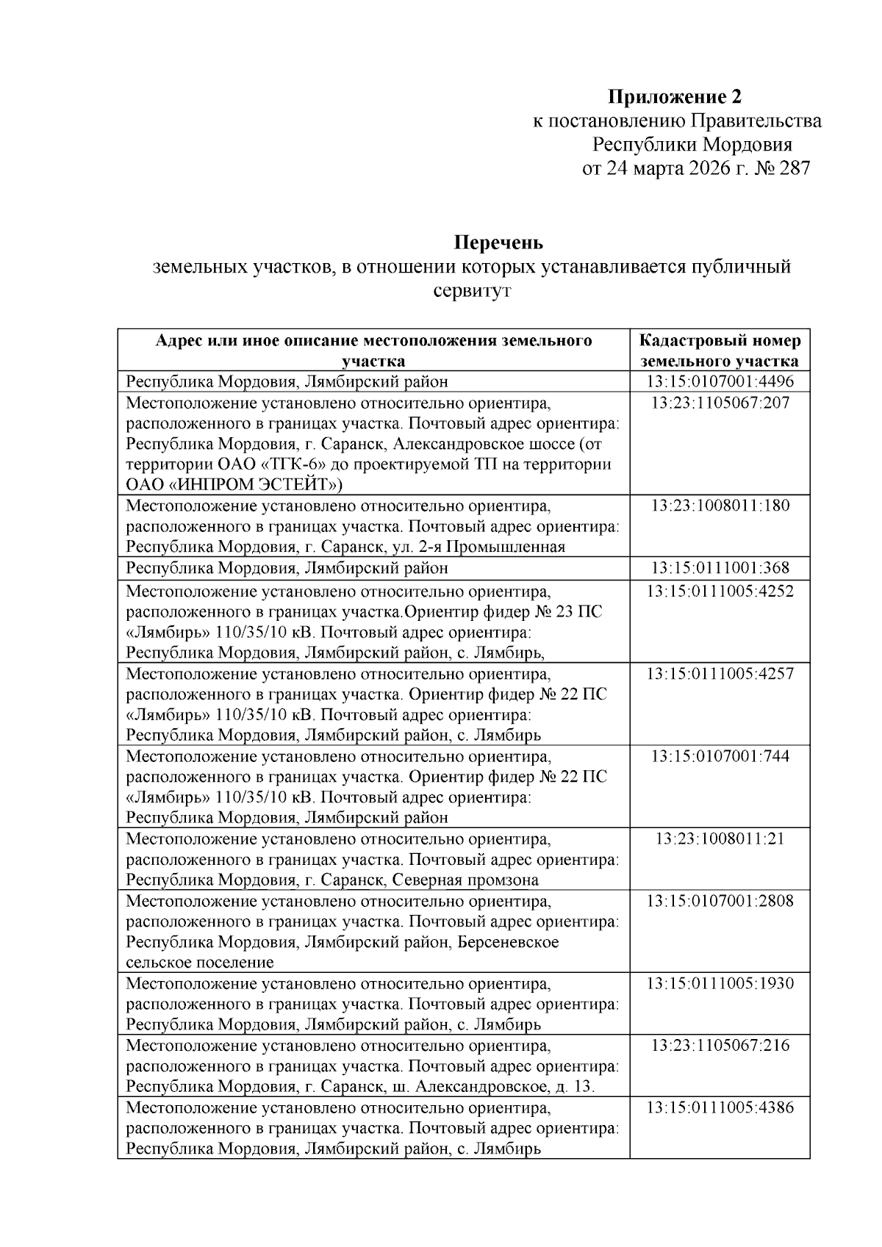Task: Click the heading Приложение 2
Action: pyautogui.click(x=675, y=96)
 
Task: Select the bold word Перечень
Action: pyautogui.click(x=498, y=242)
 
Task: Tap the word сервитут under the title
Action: pyautogui.click(x=471, y=290)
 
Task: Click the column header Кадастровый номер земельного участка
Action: pyautogui.click(x=720, y=351)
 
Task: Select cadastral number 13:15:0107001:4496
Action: pyautogui.click(x=720, y=381)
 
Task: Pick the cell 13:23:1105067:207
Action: pyautogui.click(x=720, y=403)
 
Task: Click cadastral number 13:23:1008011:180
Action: pyautogui.click(x=720, y=506)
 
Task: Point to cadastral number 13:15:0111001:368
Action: pyautogui.click(x=720, y=568)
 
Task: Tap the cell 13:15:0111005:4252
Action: pyautogui.click(x=720, y=591)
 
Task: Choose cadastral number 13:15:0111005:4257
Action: pyautogui.click(x=720, y=673)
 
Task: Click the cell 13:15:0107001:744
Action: pyautogui.click(x=720, y=755)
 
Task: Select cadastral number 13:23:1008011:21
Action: pyautogui.click(x=720, y=838)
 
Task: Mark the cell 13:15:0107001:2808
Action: pyautogui.click(x=720, y=901)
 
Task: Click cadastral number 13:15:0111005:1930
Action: pyautogui.click(x=720, y=983)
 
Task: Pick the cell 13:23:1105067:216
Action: pyautogui.click(x=720, y=1045)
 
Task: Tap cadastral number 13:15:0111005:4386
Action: pyautogui.click(x=720, y=1107)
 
